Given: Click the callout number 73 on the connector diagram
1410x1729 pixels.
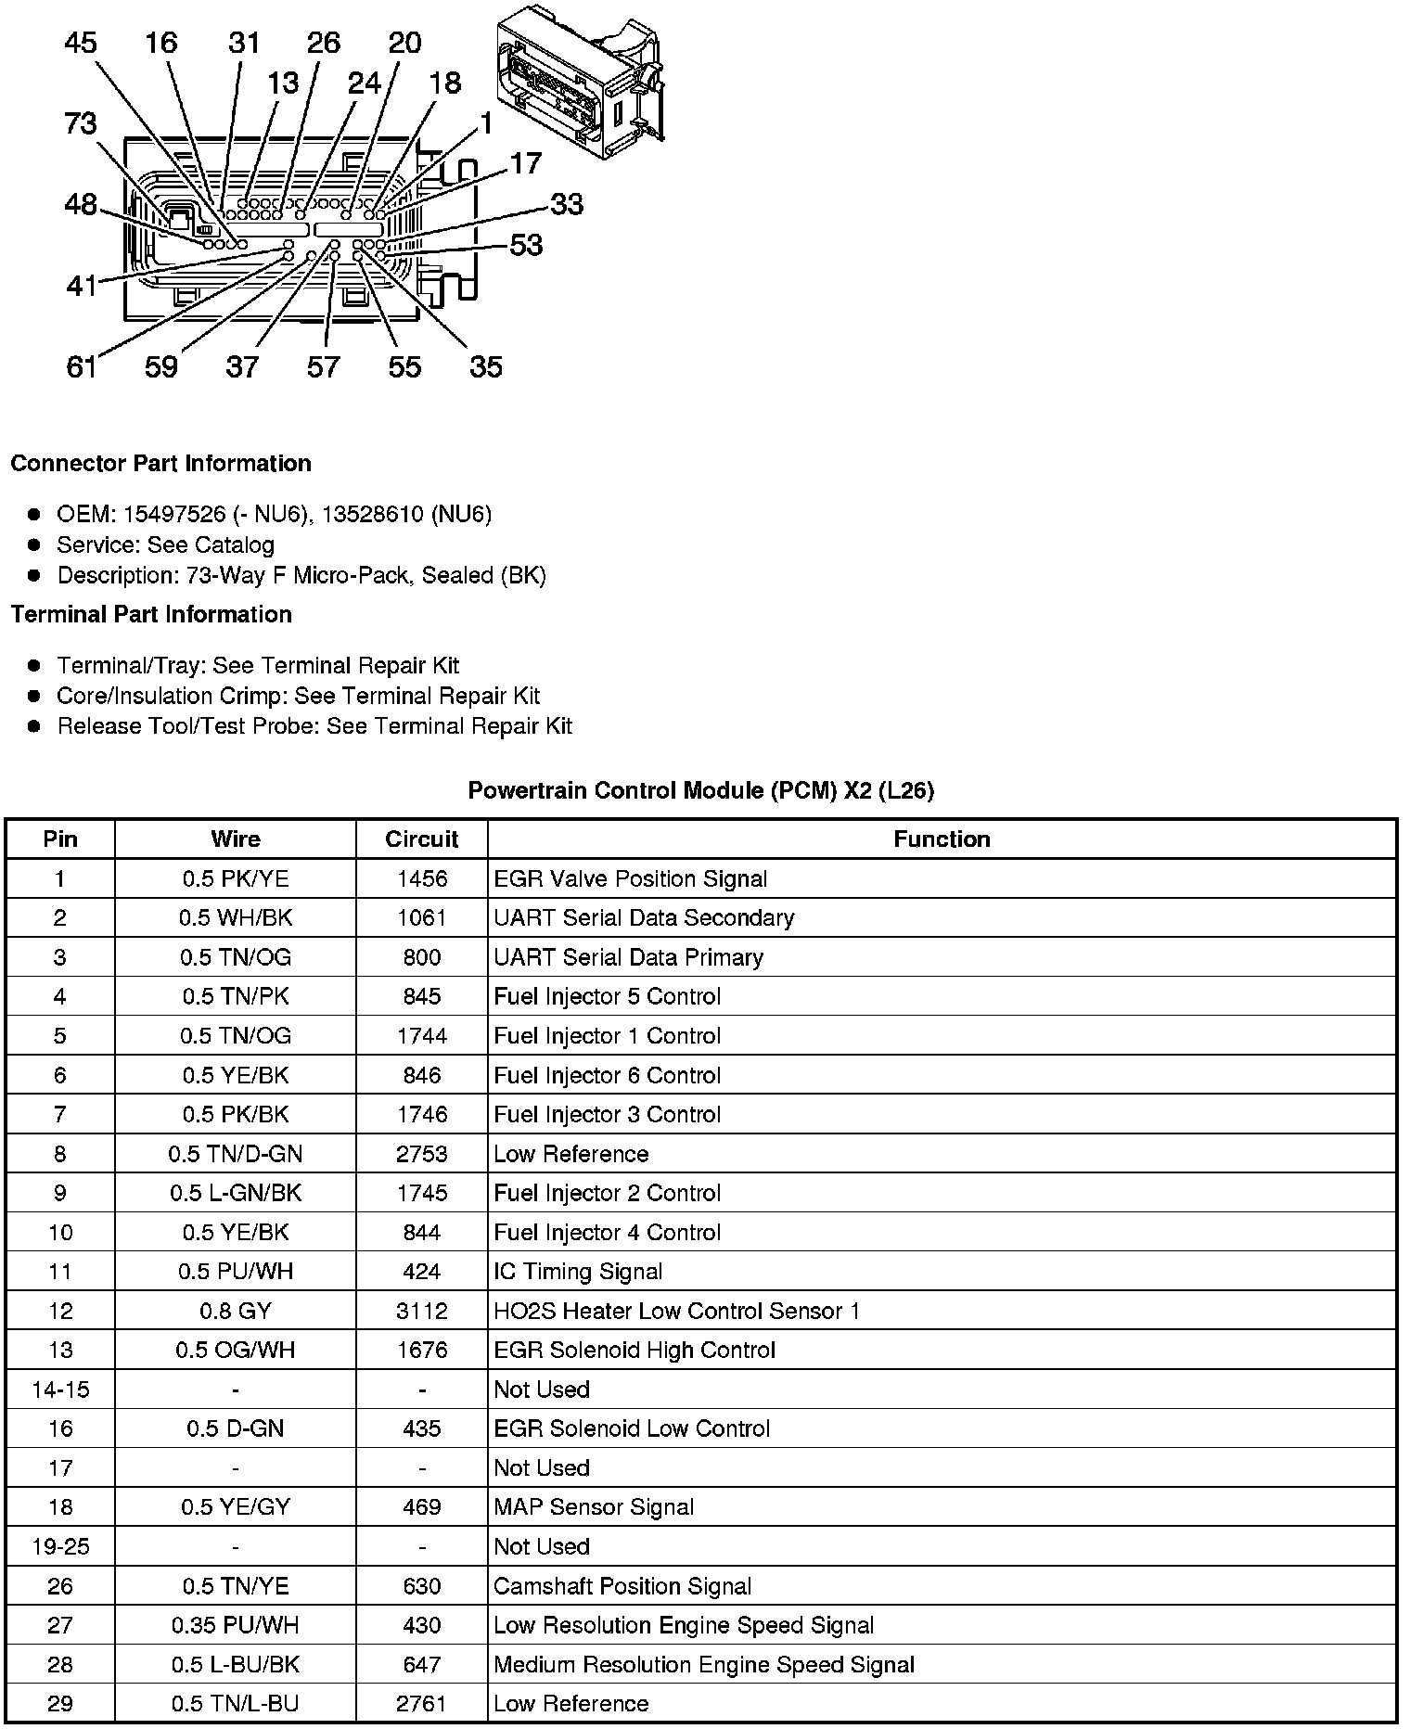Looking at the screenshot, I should click(81, 123).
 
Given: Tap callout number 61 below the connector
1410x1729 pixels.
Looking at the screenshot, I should click(82, 367).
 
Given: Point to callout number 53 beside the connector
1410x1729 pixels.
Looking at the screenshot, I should click(526, 245).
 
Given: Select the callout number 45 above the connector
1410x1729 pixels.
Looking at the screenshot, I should click(81, 43).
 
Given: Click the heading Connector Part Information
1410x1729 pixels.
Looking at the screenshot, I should click(160, 464).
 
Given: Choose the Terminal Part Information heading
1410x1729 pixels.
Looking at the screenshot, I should click(151, 615).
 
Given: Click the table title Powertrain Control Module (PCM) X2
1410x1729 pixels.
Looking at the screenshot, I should click(700, 790).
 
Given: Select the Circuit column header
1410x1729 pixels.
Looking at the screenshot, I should click(421, 839).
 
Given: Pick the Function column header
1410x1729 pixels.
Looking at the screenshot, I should click(942, 839).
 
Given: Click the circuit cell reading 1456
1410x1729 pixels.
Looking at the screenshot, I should click(421, 879).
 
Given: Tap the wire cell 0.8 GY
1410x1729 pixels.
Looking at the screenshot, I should click(236, 1311).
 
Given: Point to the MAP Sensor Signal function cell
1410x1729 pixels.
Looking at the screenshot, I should click(594, 1507).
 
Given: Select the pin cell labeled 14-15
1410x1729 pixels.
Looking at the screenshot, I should click(60, 1390).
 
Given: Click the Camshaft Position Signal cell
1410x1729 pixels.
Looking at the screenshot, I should click(622, 1586).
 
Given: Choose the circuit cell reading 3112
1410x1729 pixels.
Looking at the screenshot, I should click(421, 1311).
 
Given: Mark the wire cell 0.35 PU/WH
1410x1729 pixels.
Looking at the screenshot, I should click(236, 1625).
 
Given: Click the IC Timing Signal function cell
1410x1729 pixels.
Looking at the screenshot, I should click(578, 1272).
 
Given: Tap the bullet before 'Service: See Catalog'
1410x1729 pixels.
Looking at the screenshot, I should click(34, 544).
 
